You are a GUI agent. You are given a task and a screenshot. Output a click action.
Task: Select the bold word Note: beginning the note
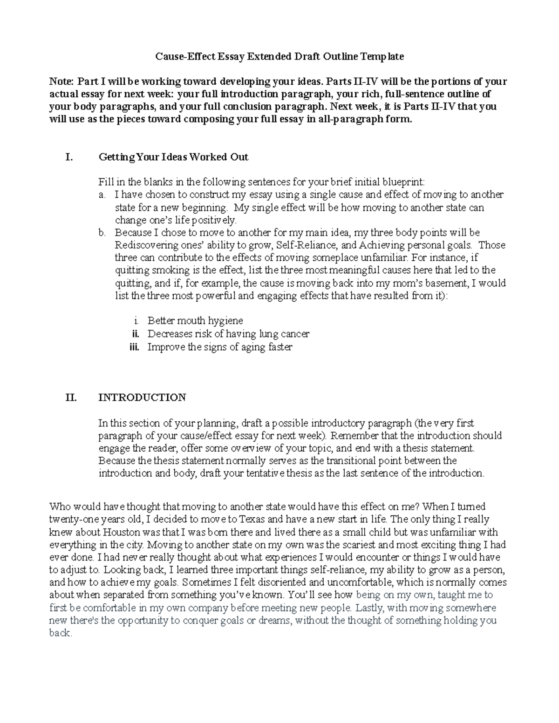[x=62, y=81]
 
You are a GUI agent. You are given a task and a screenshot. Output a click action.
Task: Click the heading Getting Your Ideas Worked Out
[x=173, y=157]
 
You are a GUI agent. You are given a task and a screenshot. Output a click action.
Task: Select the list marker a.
[x=102, y=195]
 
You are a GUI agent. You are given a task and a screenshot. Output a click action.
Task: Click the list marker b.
[x=102, y=232]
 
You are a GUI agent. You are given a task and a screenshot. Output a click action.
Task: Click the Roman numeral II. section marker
[x=71, y=397]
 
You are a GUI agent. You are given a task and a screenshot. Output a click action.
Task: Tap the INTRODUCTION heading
[x=142, y=397]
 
